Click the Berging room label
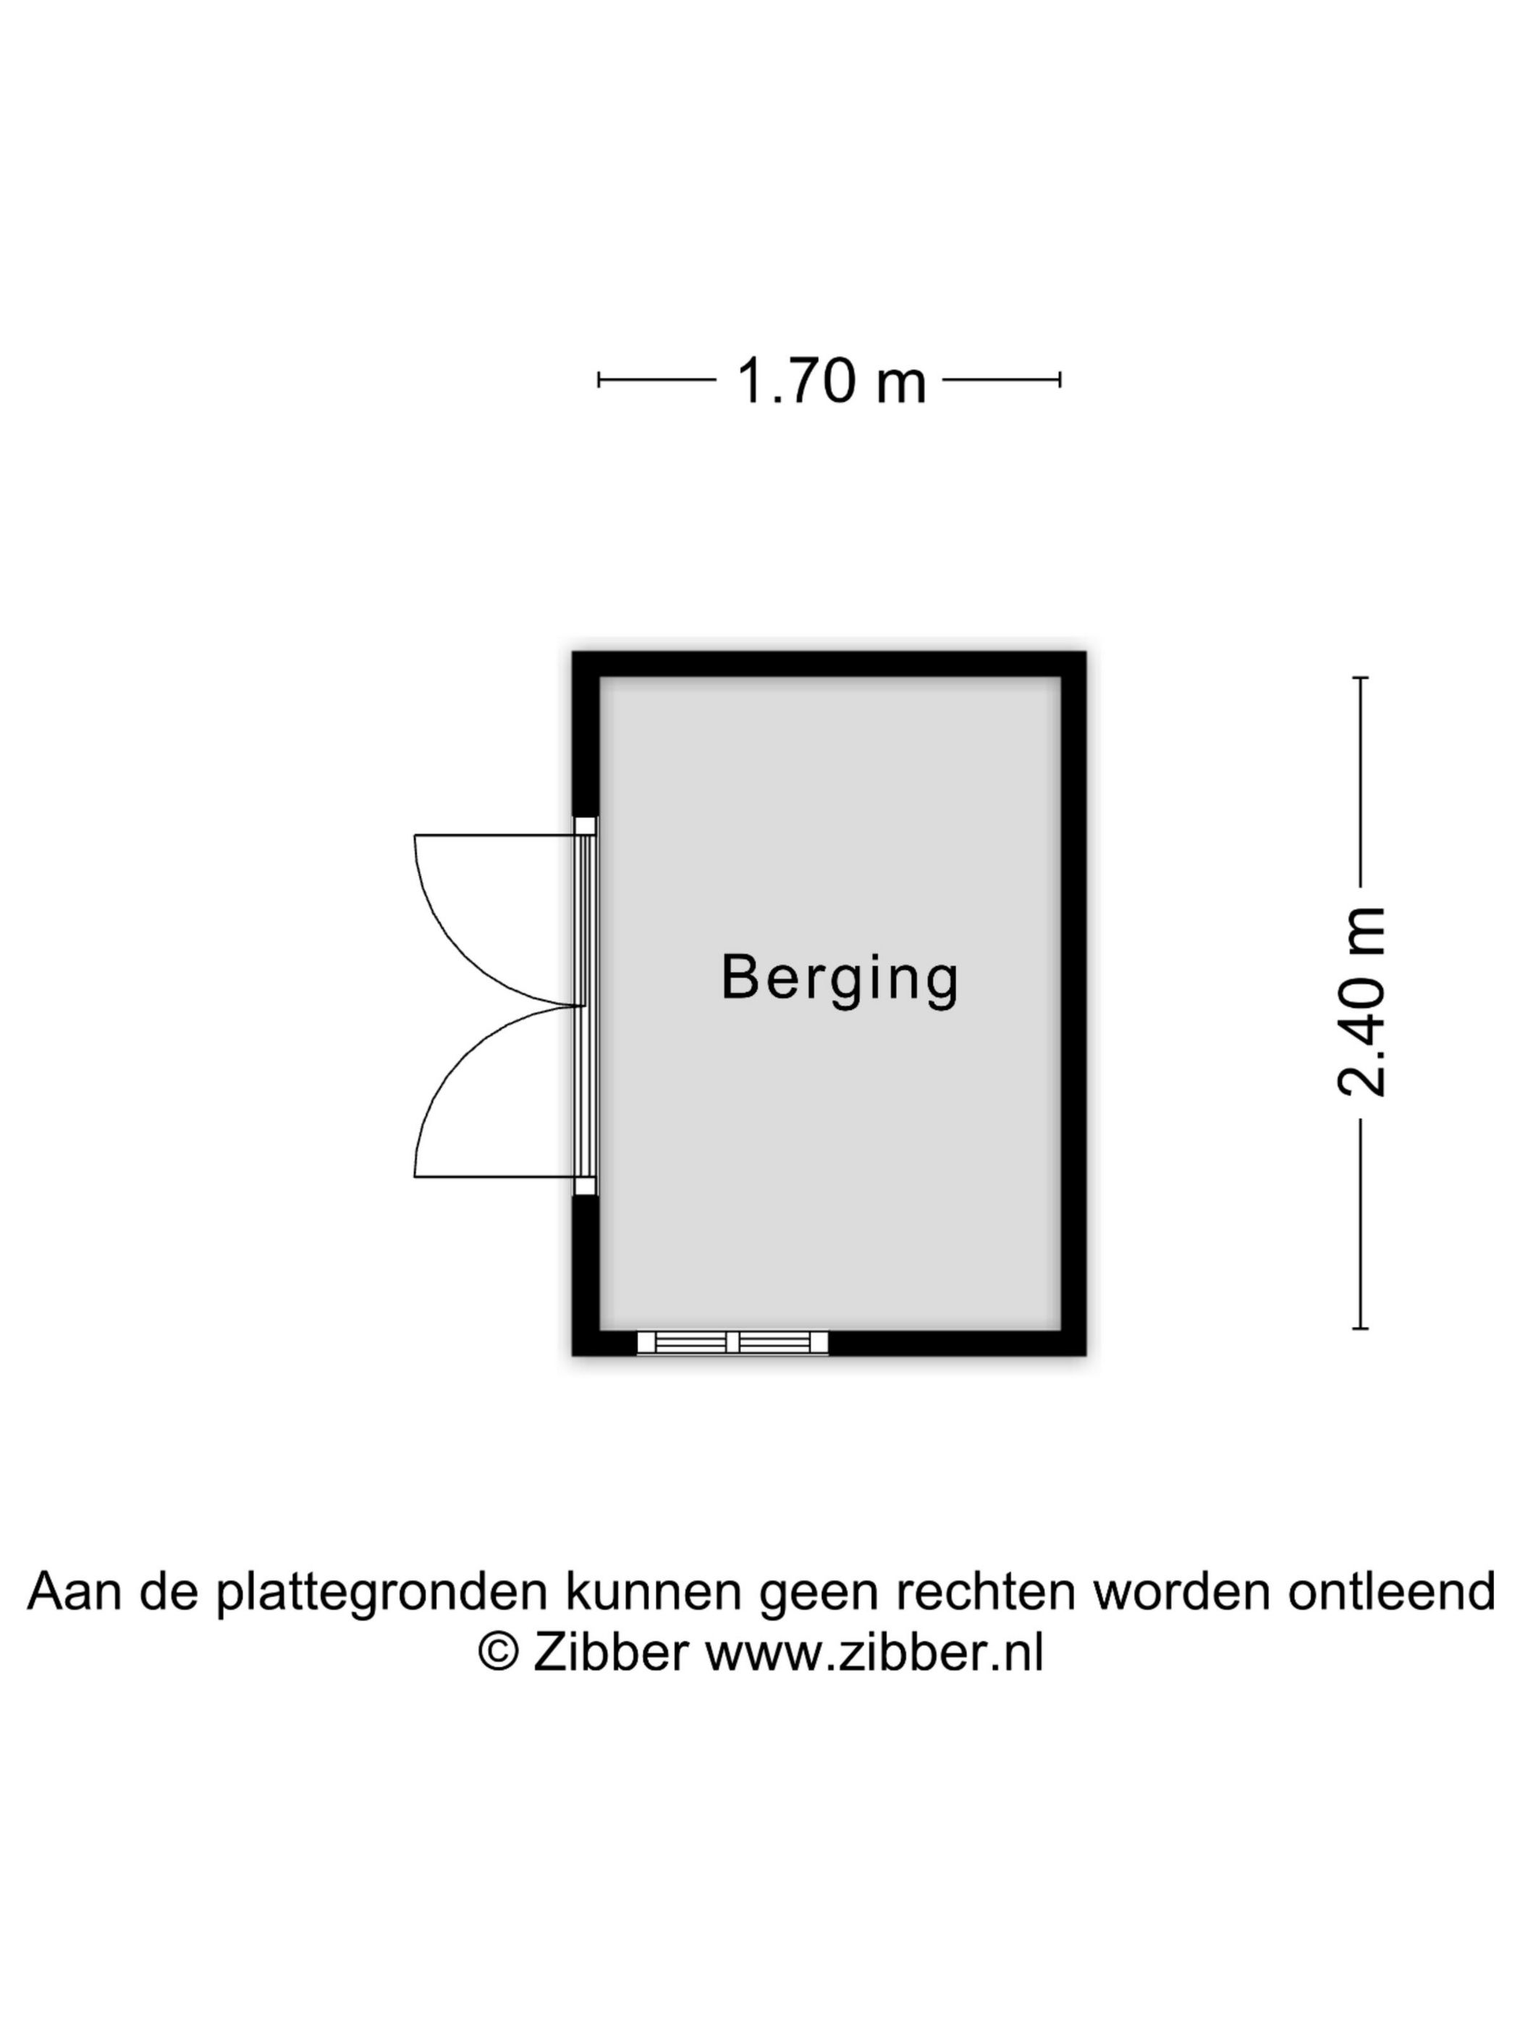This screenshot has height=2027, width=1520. point(839,979)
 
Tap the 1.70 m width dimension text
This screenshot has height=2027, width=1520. point(831,382)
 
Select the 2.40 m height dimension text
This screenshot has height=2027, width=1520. point(1361,1002)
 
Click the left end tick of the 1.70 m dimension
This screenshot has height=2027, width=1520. point(599,379)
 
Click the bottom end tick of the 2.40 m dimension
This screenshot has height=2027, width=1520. point(1361,1328)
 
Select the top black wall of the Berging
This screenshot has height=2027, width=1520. point(829,665)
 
